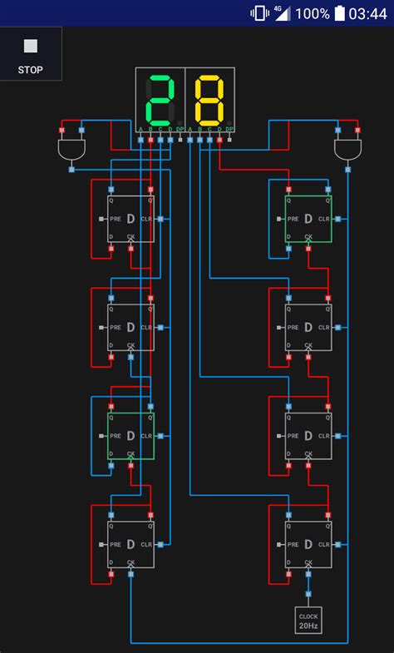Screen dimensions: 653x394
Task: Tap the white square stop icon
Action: (31, 47)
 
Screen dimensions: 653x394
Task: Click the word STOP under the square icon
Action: (31, 70)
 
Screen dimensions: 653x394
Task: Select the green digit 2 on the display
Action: (160, 100)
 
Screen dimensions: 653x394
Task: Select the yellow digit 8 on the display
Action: (209, 100)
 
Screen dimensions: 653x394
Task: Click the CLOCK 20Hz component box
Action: (308, 620)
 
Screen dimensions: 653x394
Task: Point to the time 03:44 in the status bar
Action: (367, 13)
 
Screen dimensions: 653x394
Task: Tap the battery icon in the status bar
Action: (339, 13)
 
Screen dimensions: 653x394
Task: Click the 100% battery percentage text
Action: (312, 13)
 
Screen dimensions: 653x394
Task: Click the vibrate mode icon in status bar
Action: (259, 13)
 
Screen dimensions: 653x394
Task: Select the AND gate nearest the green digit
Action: (71, 150)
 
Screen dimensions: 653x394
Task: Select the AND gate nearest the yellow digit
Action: (347, 150)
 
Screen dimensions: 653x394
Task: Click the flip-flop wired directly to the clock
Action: (308, 544)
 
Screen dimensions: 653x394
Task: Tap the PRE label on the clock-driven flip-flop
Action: (293, 545)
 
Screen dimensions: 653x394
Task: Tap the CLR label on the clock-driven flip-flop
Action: (324, 545)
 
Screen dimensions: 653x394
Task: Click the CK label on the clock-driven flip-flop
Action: (308, 562)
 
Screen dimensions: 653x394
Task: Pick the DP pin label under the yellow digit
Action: (229, 129)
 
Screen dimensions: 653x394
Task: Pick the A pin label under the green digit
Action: (140, 129)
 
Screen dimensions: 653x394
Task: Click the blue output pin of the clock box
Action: (308, 596)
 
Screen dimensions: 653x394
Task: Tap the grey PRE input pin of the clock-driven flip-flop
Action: (279, 545)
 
